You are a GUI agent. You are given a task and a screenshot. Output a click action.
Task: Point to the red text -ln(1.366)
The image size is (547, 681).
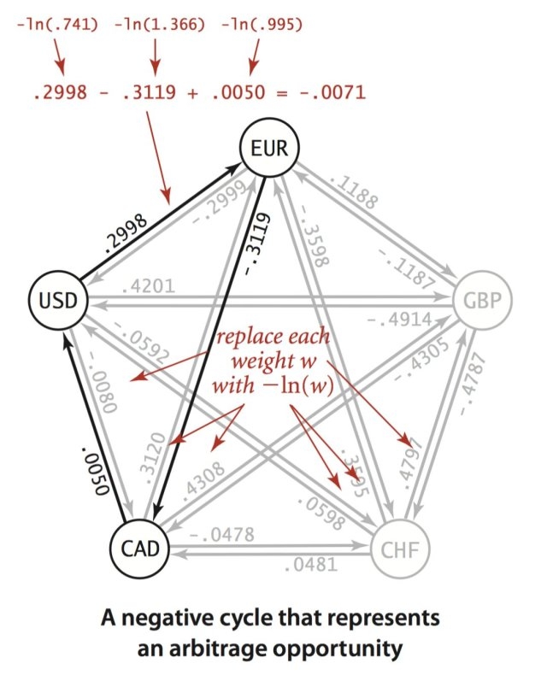pos(156,24)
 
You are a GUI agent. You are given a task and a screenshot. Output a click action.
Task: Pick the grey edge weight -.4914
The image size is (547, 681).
pos(397,318)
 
